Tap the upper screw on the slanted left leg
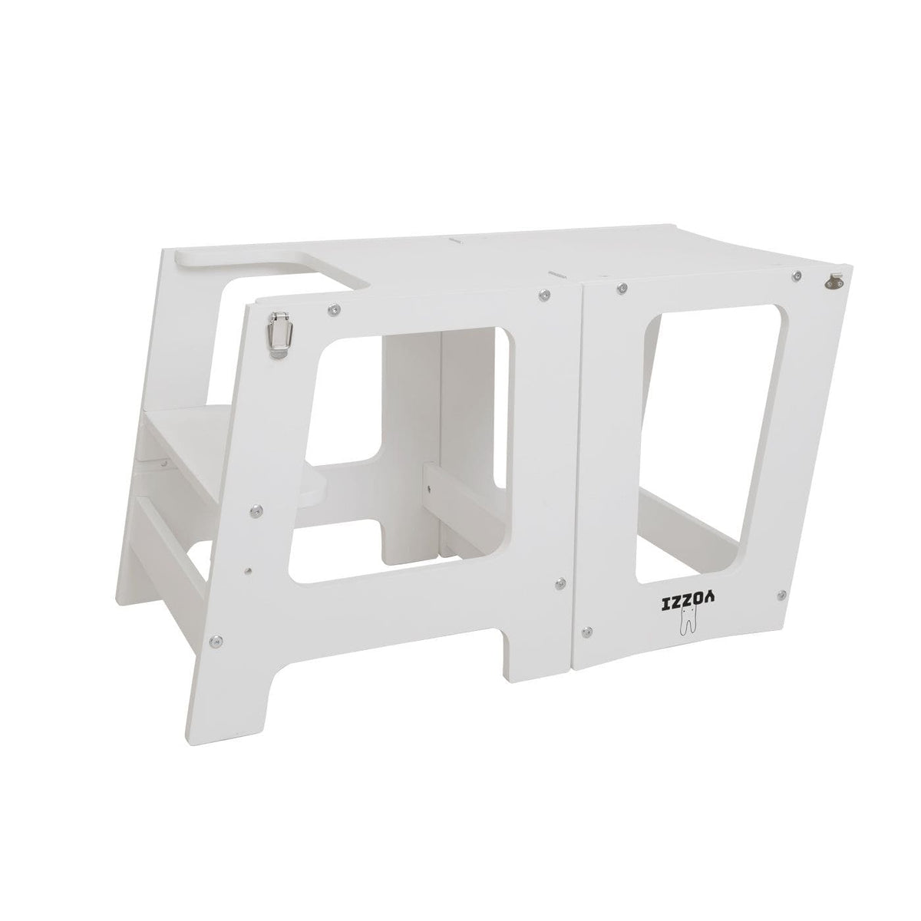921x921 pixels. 254,507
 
